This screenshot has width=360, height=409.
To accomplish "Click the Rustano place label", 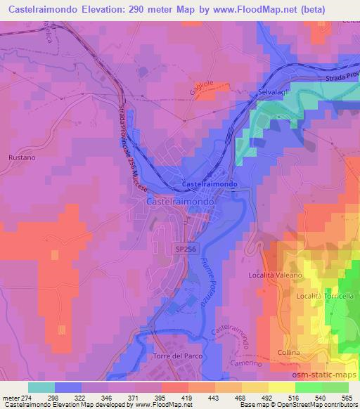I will point(21,158).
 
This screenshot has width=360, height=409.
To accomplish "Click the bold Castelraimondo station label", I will point(210,184).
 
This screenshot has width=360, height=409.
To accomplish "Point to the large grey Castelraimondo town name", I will point(181,200).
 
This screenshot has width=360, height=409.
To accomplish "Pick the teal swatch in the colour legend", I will point(41,387).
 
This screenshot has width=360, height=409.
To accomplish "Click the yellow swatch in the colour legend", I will point(281,387).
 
